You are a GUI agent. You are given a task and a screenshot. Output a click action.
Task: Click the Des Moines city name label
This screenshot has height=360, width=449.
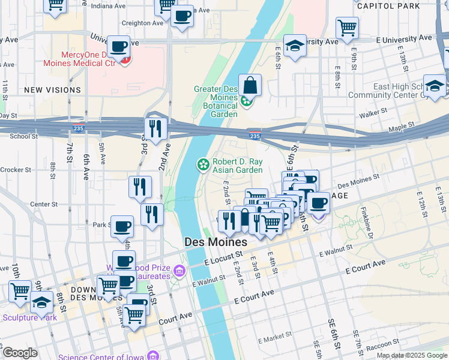coord(214,242)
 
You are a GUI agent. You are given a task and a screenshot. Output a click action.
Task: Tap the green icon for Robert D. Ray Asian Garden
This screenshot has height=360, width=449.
coord(203,164)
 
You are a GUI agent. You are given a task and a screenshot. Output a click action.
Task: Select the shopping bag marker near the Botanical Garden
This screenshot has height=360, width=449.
coord(250,85)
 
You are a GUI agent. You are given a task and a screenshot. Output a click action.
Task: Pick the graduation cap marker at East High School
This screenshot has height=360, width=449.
coord(434,86)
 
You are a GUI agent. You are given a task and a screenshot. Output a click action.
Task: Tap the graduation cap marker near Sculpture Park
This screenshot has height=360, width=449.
coord(41,301)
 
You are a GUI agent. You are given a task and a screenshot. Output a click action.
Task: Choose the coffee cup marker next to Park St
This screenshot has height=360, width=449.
coord(122,226)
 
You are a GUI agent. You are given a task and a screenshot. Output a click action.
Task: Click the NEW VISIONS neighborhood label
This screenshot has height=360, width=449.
coord(52,90)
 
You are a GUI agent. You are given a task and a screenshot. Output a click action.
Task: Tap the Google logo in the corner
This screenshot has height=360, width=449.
coord(19,352)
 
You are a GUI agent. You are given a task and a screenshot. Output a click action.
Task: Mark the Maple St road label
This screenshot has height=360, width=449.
coord(402,127)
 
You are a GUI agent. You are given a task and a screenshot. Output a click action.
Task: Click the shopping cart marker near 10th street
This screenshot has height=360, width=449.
coord(20,292)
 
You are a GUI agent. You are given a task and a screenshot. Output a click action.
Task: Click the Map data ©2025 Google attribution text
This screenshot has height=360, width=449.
coord(411,355)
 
